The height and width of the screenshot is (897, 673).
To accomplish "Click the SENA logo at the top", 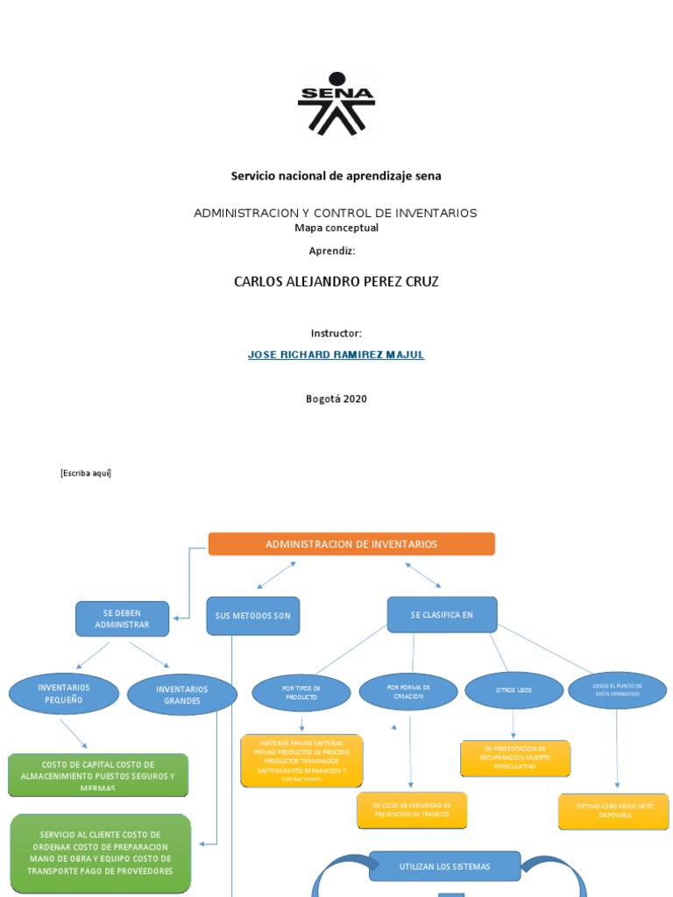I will click(336, 103).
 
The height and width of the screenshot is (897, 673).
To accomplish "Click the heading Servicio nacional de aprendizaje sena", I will click(336, 176).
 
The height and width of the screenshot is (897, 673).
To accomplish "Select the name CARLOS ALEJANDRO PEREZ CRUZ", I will click(336, 281).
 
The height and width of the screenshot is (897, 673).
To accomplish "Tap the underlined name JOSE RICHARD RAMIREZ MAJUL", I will click(336, 356).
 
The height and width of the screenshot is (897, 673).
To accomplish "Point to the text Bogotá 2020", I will click(336, 399).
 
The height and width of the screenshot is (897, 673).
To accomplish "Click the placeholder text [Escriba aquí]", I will click(86, 473).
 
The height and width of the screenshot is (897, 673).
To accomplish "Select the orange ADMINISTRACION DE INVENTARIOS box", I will click(351, 544).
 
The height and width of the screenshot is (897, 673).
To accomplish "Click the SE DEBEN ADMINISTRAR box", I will click(123, 618).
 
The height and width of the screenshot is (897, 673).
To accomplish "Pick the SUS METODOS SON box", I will click(252, 616).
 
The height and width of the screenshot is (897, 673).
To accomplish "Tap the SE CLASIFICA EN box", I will click(442, 615).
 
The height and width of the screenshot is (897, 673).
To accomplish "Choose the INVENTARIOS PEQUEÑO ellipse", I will click(63, 694).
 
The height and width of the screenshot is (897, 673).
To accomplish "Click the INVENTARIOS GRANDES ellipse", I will click(182, 696).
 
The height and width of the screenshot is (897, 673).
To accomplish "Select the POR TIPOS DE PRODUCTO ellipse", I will click(301, 693).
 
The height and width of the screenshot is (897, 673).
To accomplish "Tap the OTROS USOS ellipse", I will click(514, 691).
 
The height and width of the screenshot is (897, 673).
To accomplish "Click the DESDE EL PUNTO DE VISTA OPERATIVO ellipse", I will click(617, 690).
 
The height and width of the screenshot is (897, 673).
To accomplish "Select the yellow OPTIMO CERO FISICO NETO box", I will click(613, 811).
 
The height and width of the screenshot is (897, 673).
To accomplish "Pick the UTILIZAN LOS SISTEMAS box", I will click(445, 866).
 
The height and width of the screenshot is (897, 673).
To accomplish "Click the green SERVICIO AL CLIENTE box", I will click(101, 853).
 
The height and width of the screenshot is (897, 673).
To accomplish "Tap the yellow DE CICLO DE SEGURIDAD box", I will click(412, 809).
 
